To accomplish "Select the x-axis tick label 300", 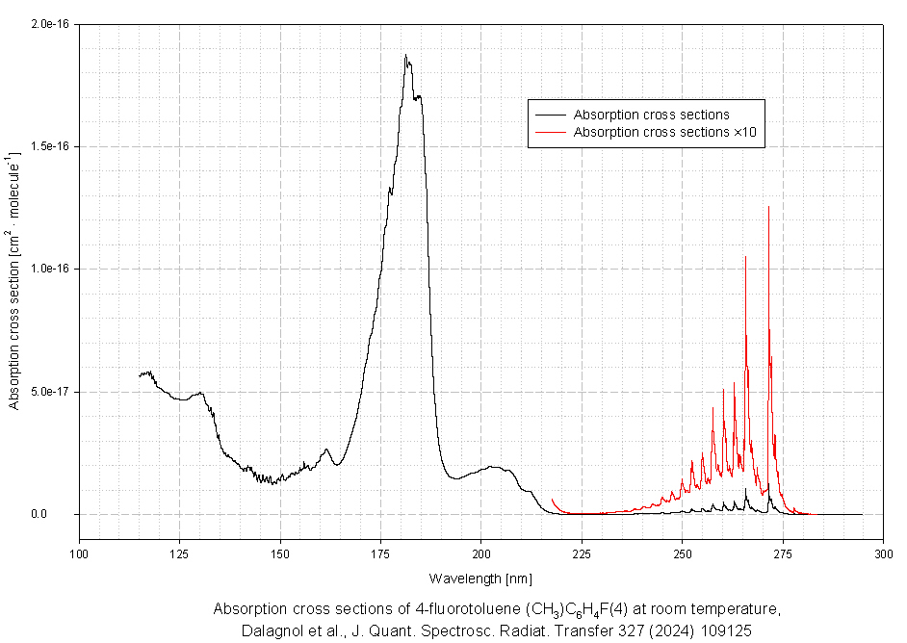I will point(884,553).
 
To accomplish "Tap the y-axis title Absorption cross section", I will point(14,279).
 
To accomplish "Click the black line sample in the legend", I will point(549,116).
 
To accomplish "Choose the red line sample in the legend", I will point(549,132).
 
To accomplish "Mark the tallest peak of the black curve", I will point(405,56).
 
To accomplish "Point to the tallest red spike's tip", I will point(768,206).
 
